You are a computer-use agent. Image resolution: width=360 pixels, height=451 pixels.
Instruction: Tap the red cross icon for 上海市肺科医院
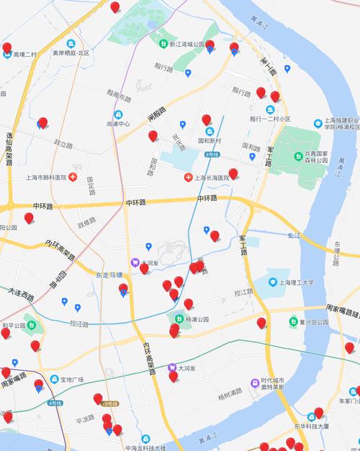click(73, 177)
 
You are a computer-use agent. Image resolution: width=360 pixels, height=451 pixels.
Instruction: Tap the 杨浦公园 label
click(197, 319)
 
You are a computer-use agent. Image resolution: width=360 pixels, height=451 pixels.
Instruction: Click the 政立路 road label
click(63, 144)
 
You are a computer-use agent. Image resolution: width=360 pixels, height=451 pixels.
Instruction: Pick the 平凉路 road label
click(86, 418)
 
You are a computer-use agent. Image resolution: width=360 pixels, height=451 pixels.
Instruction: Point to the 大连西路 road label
click(21, 295)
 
